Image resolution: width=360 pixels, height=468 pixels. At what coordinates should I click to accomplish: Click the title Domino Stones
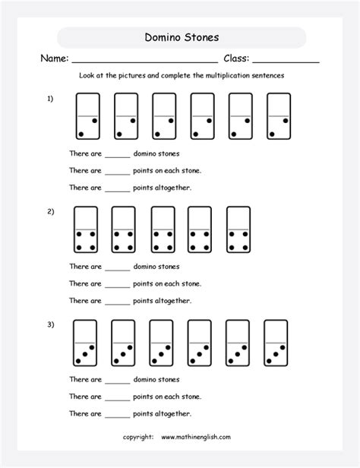click(x=182, y=37)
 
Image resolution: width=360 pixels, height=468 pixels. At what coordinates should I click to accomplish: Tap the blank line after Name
click(x=144, y=61)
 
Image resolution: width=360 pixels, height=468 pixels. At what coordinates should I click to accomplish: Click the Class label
click(x=237, y=58)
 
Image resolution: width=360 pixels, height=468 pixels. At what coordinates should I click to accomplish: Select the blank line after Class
click(x=286, y=61)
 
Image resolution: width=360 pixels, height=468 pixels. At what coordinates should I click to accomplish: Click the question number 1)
click(x=50, y=98)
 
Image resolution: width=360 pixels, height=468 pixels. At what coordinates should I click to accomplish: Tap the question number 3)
click(x=50, y=325)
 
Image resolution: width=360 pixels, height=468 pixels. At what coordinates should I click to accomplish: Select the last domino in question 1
click(x=279, y=117)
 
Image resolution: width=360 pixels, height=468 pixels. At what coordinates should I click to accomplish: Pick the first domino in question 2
click(x=86, y=229)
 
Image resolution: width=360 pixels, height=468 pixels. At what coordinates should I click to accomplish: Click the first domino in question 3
click(x=85, y=343)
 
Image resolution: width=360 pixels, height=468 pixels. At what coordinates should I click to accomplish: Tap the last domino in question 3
click(x=275, y=343)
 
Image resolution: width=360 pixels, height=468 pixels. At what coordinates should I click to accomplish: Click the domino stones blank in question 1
click(x=118, y=155)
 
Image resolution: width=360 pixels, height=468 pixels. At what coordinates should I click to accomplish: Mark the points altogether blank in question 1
click(x=118, y=188)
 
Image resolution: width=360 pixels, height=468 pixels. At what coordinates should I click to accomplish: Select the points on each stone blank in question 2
click(x=118, y=285)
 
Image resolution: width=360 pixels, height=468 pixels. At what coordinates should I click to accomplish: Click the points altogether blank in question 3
click(x=118, y=415)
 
